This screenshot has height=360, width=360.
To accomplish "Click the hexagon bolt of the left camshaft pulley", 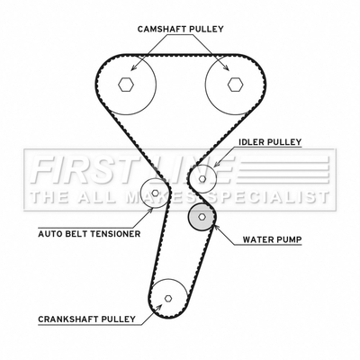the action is [126, 85].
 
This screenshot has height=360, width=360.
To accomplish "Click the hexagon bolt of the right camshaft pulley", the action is [235, 85].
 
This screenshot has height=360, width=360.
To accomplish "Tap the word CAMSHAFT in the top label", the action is [163, 29].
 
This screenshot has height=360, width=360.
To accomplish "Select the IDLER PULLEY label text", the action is [270, 141].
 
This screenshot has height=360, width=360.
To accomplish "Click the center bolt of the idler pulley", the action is [202, 179].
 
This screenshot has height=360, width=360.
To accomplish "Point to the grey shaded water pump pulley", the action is [202, 216].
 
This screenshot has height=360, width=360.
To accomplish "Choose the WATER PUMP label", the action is [272, 239].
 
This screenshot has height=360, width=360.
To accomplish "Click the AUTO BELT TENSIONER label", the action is [89, 233].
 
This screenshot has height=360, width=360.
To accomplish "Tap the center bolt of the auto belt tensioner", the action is [155, 193].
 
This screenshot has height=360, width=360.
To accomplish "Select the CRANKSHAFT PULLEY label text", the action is [86, 319].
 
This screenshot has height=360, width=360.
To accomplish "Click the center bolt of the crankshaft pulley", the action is [168, 298].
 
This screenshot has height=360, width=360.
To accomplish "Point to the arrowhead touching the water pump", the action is [216, 228].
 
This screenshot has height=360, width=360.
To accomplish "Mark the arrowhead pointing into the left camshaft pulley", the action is [134, 67].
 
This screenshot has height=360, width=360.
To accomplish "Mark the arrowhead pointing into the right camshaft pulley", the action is [226, 67].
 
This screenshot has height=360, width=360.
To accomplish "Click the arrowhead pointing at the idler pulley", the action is [217, 164].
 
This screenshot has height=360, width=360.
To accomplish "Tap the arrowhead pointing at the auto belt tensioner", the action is [150, 209].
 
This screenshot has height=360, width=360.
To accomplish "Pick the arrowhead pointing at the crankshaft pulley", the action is [158, 307].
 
